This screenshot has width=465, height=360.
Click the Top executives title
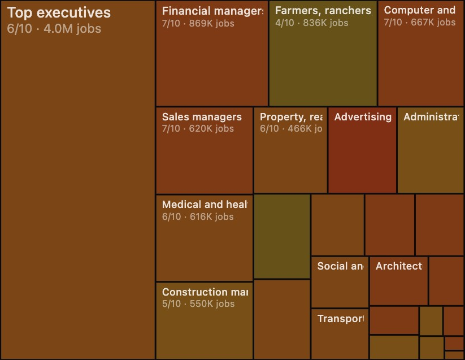click(x=59, y=13)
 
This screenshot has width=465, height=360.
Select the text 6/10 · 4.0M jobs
click(x=54, y=29)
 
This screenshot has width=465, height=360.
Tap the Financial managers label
click(x=212, y=11)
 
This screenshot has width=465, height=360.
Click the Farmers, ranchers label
click(x=323, y=11)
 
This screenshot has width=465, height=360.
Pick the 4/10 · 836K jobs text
click(x=311, y=23)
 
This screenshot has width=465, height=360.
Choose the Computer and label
click(x=419, y=10)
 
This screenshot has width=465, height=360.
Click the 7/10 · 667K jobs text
click(x=419, y=23)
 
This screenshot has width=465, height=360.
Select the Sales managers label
click(x=202, y=117)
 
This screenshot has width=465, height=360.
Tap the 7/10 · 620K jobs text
click(x=198, y=129)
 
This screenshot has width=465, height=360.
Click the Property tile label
click(x=291, y=117)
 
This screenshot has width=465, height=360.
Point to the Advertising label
click(x=363, y=117)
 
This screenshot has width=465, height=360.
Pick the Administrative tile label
click(x=431, y=117)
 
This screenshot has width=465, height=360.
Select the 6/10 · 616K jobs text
click(x=198, y=217)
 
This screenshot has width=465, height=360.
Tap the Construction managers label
click(x=205, y=292)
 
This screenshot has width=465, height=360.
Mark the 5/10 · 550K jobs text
click(x=198, y=304)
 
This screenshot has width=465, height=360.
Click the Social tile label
click(x=340, y=266)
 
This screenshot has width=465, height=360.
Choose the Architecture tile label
click(x=399, y=266)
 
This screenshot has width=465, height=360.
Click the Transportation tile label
click(x=340, y=319)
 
